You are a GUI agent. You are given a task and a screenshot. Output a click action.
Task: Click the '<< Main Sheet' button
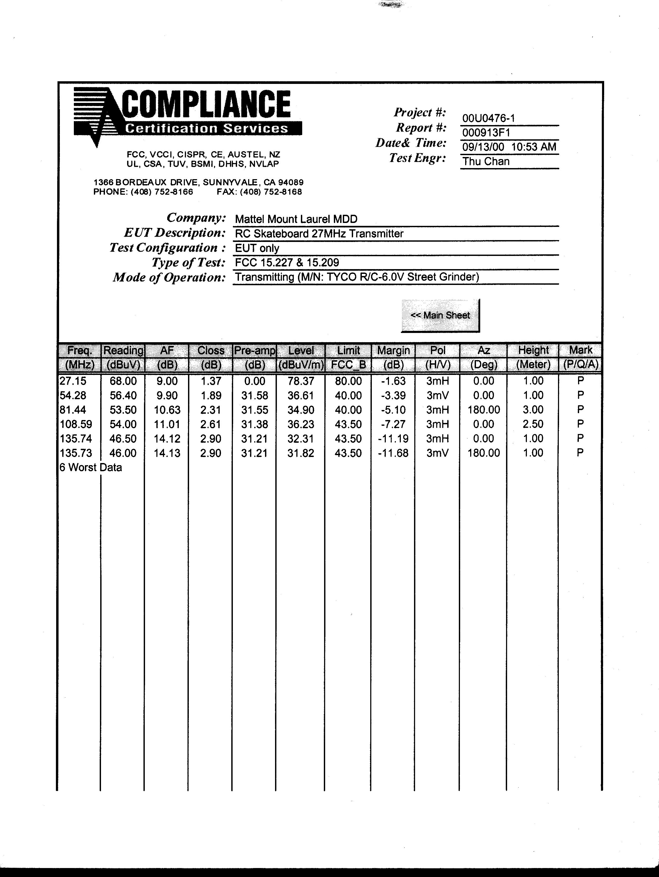click(x=440, y=316)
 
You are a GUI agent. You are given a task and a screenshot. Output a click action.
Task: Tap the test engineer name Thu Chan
click(x=486, y=161)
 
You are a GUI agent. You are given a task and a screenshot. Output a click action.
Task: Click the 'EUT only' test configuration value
click(x=257, y=248)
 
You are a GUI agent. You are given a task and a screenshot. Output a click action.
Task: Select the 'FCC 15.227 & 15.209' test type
click(x=287, y=263)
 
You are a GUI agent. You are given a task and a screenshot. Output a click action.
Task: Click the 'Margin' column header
click(x=393, y=350)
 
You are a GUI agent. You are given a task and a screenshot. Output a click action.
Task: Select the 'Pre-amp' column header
click(x=254, y=350)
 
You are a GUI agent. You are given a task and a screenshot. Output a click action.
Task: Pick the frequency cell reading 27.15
click(x=73, y=381)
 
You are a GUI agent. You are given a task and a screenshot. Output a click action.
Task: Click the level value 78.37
click(x=301, y=381)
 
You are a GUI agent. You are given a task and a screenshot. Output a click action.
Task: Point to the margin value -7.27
click(x=393, y=424)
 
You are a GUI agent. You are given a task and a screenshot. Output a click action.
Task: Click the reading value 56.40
click(x=123, y=395)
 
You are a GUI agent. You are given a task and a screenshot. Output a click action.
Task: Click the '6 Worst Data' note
click(x=90, y=468)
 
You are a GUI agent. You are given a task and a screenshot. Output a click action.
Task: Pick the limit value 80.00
click(x=348, y=381)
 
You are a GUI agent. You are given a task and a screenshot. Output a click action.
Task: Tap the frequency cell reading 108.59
click(x=76, y=424)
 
